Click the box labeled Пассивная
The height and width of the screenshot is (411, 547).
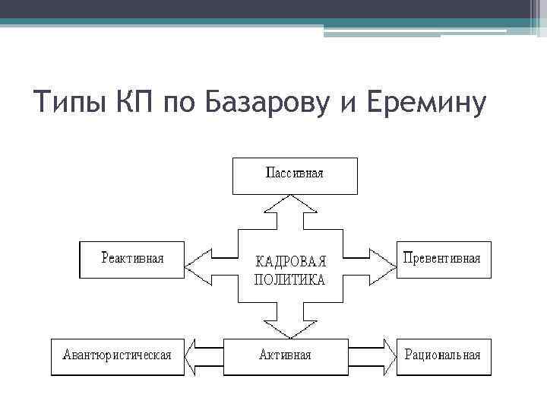(294, 174)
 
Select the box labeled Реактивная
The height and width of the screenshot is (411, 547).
(132, 259)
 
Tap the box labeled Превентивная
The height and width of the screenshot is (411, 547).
(444, 259)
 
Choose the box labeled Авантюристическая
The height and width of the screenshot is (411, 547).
(117, 356)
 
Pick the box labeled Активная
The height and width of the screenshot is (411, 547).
(285, 356)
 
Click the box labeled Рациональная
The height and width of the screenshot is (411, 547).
(444, 356)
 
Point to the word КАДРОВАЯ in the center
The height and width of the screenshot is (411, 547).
(289, 261)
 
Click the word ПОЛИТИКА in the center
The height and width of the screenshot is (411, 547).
(289, 279)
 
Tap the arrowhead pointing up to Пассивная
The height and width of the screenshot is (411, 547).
(292, 203)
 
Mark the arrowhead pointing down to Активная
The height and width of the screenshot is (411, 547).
(292, 329)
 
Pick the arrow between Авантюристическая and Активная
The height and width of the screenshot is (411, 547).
(205, 356)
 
